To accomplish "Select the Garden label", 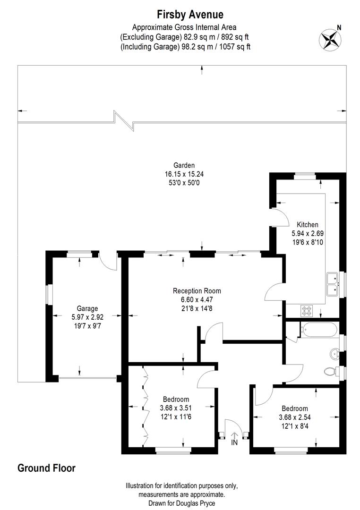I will pyautogui.click(x=184, y=165).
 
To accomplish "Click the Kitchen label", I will pyautogui.click(x=307, y=224).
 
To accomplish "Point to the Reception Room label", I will pyautogui.click(x=197, y=291).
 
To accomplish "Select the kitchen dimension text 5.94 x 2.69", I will pyautogui.click(x=307, y=233).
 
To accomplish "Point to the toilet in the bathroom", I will pyautogui.click(x=332, y=371).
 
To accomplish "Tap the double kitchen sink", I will pyautogui.click(x=333, y=284).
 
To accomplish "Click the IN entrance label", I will pyautogui.click(x=234, y=443).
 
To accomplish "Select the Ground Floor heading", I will pyautogui.click(x=46, y=468).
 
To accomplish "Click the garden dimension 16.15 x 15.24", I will pyautogui.click(x=184, y=174).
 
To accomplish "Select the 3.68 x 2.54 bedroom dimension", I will pyautogui.click(x=295, y=417).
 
